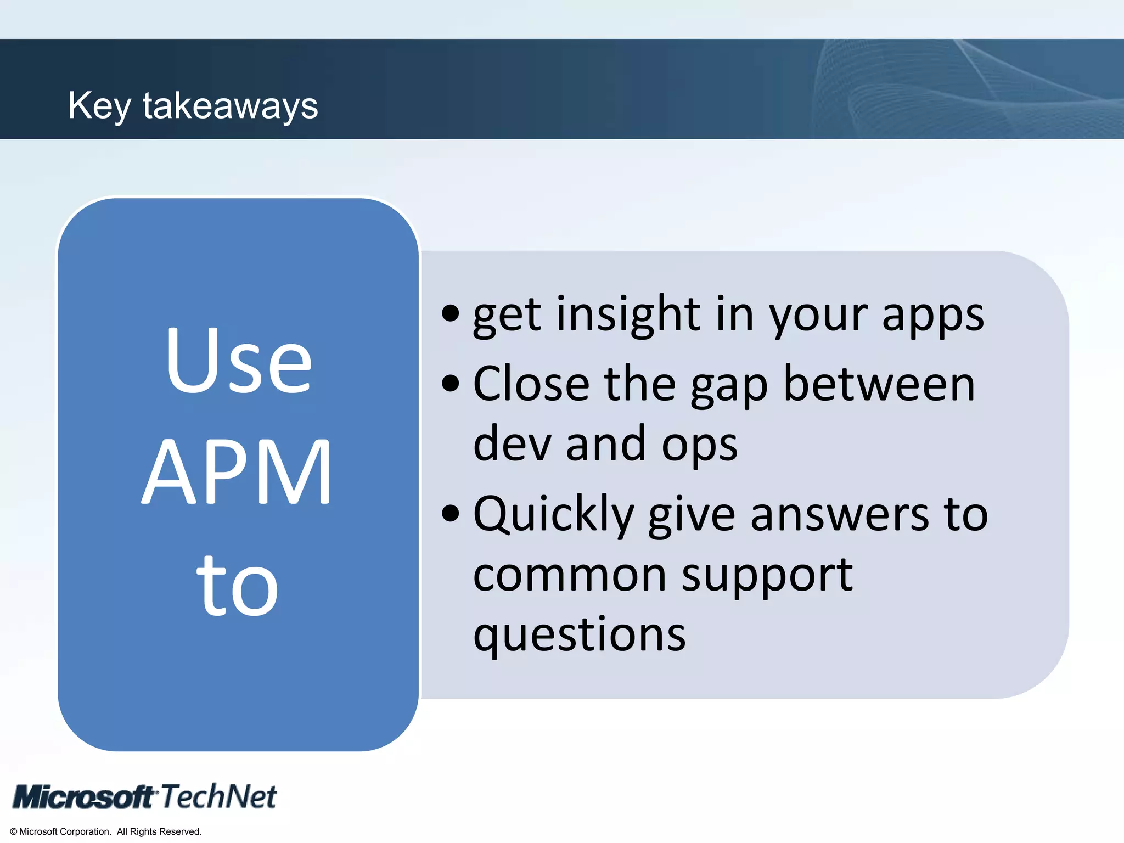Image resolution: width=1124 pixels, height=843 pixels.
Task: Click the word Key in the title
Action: point(99,106)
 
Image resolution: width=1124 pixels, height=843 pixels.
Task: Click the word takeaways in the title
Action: point(231,106)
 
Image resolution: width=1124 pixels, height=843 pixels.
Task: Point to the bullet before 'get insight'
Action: point(450,313)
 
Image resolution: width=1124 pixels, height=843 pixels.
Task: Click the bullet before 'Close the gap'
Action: point(450,384)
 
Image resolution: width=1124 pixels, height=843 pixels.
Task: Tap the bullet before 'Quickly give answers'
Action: point(450,514)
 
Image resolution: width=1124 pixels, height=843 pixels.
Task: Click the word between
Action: point(879,384)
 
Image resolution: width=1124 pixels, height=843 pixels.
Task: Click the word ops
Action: point(699,446)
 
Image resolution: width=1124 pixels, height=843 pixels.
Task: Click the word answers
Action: point(840,515)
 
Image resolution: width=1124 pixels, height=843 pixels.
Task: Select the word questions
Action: point(579,636)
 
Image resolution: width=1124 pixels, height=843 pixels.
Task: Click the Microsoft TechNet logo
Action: point(145,796)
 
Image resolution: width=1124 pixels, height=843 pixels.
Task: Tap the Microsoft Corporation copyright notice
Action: point(106,831)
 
